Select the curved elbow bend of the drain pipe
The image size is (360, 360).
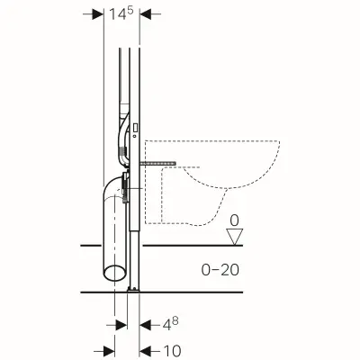(x=109, y=190)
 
